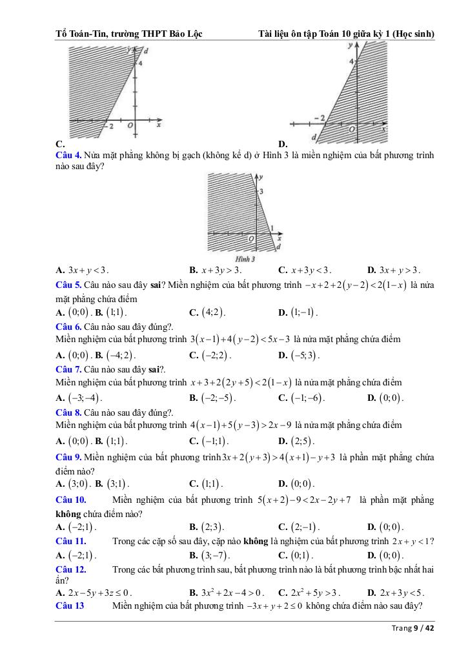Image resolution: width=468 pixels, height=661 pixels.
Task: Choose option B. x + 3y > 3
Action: (215, 270)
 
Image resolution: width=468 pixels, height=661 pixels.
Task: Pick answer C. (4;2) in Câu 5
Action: (207, 312)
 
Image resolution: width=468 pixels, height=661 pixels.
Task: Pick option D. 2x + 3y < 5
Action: (395, 593)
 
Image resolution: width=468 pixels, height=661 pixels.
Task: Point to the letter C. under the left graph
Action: (60, 143)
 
